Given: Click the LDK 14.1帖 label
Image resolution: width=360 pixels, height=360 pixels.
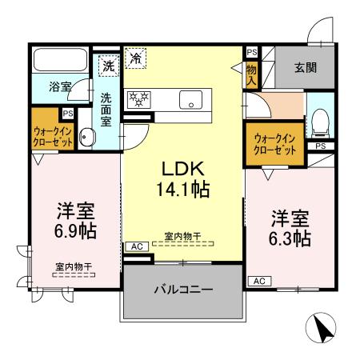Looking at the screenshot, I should [184, 179].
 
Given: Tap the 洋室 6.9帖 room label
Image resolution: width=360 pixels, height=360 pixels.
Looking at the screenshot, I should [76, 221].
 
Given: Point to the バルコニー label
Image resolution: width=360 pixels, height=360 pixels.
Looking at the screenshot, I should [183, 289].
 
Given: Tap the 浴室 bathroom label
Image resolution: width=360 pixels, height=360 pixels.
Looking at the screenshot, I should [60, 86].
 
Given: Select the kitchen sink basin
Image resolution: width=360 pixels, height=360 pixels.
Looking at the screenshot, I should [193, 99].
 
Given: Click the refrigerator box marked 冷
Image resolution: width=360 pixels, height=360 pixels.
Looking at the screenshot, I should [136, 58].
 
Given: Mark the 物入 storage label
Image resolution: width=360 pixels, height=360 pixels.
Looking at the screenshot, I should [251, 75].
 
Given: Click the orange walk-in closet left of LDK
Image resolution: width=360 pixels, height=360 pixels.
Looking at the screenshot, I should [54, 135].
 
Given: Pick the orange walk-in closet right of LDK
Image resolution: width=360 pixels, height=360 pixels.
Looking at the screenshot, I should [274, 145].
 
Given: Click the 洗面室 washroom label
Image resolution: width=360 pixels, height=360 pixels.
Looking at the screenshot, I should [106, 110].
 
